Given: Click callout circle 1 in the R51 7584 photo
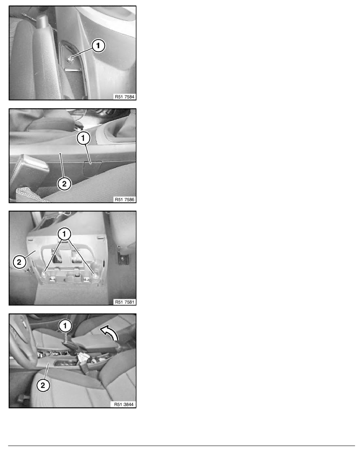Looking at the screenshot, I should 98,46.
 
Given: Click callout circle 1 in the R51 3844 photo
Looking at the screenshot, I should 65,325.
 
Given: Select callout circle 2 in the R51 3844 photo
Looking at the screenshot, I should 43,386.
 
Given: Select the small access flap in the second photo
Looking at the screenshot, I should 93,166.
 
